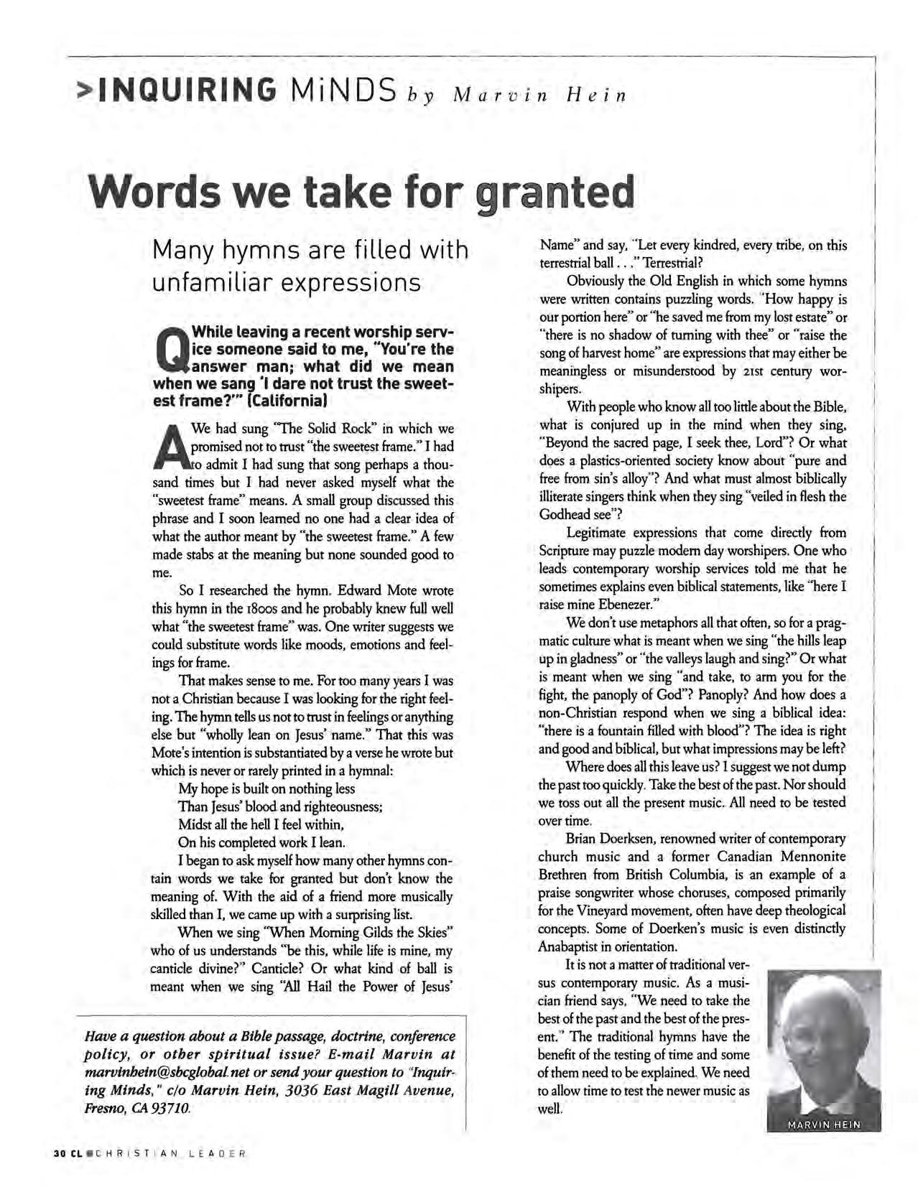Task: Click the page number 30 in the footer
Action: pos(60,1154)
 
